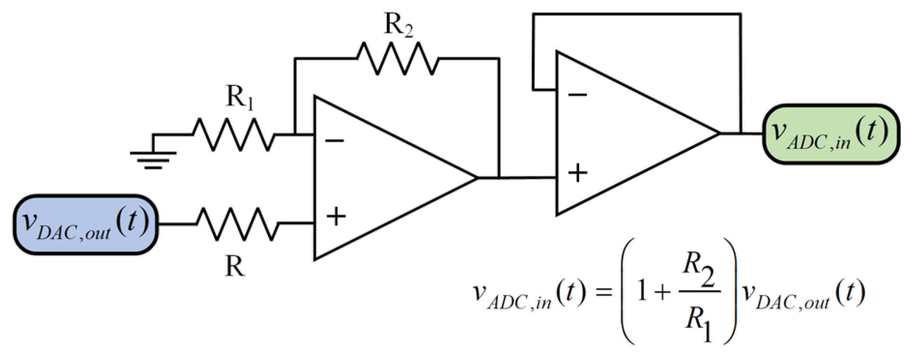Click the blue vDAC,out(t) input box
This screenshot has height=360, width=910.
pyautogui.click(x=86, y=224)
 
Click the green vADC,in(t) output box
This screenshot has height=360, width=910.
pyautogui.click(x=831, y=134)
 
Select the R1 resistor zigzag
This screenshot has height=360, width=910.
pyautogui.click(x=233, y=134)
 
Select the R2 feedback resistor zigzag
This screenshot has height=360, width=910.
pyautogui.click(x=398, y=58)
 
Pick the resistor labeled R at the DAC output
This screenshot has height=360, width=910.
pyautogui.click(x=237, y=224)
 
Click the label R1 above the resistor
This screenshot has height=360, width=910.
pyautogui.click(x=239, y=97)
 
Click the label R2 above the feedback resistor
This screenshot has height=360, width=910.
pyautogui.click(x=398, y=24)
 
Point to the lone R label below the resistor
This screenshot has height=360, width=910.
pyautogui.click(x=235, y=266)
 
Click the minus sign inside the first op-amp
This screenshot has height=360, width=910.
pyautogui.click(x=334, y=141)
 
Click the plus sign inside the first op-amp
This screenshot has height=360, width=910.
pyautogui.click(x=336, y=216)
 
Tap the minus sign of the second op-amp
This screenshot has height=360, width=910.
pyautogui.click(x=577, y=95)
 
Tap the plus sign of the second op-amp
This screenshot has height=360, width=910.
pyautogui.click(x=578, y=173)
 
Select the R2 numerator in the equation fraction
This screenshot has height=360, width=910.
pyautogui.click(x=699, y=271)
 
